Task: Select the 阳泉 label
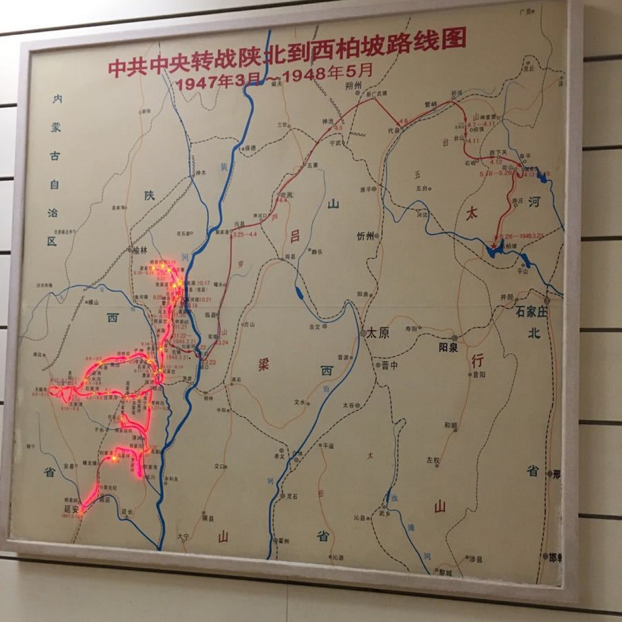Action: click(448, 348)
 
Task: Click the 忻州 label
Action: click(365, 237)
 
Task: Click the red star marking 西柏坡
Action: click(494, 246)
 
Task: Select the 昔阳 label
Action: click(479, 375)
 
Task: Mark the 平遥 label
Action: click(328, 446)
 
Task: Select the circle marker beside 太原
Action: click(363, 333)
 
